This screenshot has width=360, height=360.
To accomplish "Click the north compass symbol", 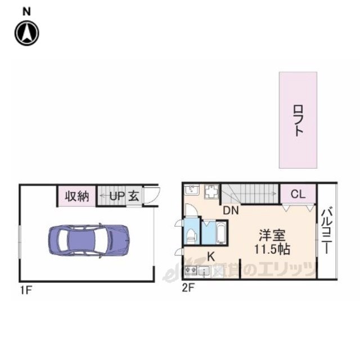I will [26, 33].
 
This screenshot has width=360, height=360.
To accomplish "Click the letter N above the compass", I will [26, 11].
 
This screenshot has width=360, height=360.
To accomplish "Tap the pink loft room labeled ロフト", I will [298, 120].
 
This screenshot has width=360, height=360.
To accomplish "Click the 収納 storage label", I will [76, 197].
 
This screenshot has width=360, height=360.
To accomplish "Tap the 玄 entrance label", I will [134, 197].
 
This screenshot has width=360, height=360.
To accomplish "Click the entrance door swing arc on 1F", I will [153, 195].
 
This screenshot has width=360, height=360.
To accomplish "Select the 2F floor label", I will [188, 289].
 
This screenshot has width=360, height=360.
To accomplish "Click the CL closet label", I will [298, 195].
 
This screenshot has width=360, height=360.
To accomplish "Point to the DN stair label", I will [231, 211].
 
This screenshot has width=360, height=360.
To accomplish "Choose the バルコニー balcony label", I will [327, 231].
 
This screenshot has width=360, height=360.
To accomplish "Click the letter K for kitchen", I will [211, 256].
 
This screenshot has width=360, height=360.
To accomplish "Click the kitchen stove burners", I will [191, 272].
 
